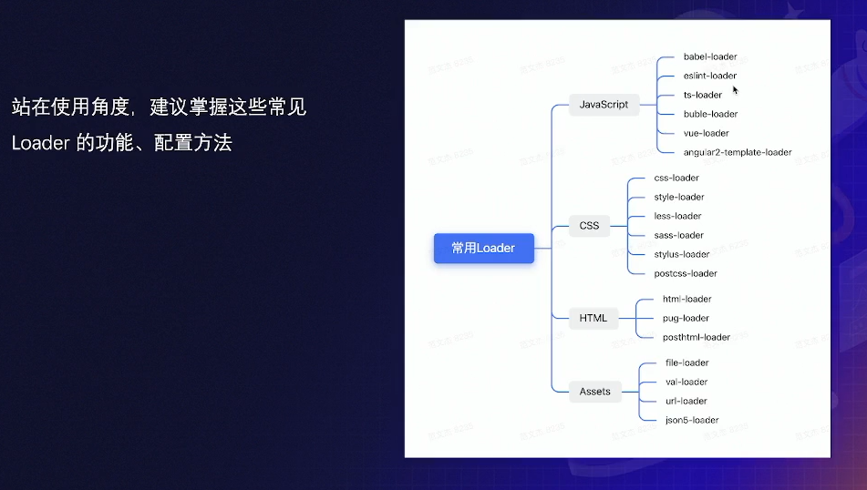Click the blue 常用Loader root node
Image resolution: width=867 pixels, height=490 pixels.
coord(483,248)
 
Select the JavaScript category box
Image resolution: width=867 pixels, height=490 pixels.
coord(604,104)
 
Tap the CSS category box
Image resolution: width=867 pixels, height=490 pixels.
coord(589,225)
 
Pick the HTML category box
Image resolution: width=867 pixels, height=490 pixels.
coord(593,318)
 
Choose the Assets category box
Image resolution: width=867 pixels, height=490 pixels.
coord(594,392)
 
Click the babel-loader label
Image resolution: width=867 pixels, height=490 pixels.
coord(710,56)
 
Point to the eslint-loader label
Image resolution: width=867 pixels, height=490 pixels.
coord(710,76)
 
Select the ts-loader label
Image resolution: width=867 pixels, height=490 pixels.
coord(703,95)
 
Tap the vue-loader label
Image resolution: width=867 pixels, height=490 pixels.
coord(707,133)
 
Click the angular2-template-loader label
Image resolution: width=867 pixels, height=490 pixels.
coord(738,152)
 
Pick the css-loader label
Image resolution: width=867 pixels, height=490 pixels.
coord(676,178)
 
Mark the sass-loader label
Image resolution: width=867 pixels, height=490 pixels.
coord(679,235)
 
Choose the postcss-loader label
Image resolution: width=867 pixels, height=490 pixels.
coord(686,273)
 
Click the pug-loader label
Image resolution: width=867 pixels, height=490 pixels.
coord(686,318)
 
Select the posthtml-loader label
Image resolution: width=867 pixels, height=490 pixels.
coord(697,337)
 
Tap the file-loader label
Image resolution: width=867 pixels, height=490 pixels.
coord(687,362)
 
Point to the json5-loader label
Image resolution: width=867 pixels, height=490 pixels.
coord(692,420)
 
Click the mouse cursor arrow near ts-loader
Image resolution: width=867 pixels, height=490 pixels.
coord(735,89)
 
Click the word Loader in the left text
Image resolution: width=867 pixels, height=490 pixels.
coord(41,143)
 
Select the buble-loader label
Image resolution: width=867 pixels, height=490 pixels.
coord(711,114)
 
